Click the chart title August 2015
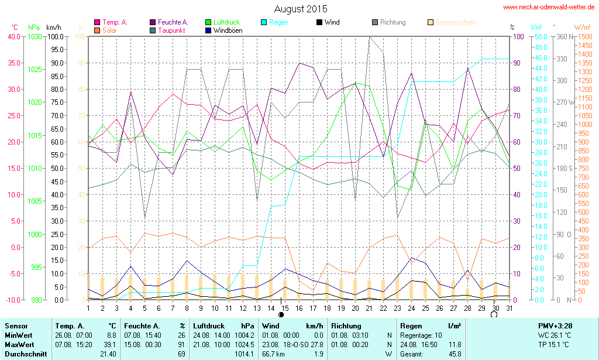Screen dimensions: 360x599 pos(301,9)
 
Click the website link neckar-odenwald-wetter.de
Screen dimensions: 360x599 pos(549,8)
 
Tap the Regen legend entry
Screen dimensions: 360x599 pos(278,22)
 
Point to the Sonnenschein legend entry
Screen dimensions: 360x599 pos(455,22)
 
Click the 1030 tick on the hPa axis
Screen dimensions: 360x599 pos(35,36)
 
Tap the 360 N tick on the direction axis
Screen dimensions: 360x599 pos(565,36)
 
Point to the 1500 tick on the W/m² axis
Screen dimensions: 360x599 pos(584,36)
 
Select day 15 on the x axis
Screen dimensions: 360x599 pos(284,308)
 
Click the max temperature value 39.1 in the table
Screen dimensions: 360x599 pos(110,344)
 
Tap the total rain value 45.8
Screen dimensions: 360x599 pos(455,354)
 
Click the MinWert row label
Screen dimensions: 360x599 pos(19,335)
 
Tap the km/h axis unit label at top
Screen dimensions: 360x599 pos(54,28)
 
